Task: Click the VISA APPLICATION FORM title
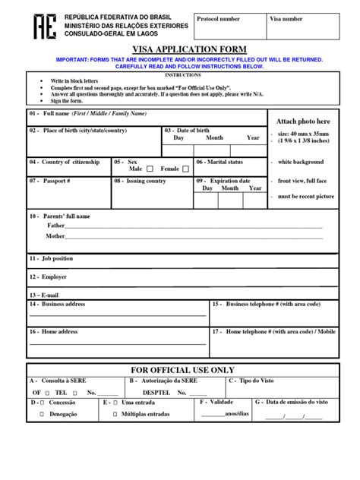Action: point(179,49)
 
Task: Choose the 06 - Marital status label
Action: point(219,162)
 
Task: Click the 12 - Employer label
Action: point(49,277)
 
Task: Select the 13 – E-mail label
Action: point(44,295)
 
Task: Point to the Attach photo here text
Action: point(303,121)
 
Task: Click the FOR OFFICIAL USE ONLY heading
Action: point(180,369)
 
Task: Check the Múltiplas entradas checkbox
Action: point(115,415)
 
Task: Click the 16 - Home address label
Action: point(53,332)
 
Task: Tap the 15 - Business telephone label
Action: point(266,304)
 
